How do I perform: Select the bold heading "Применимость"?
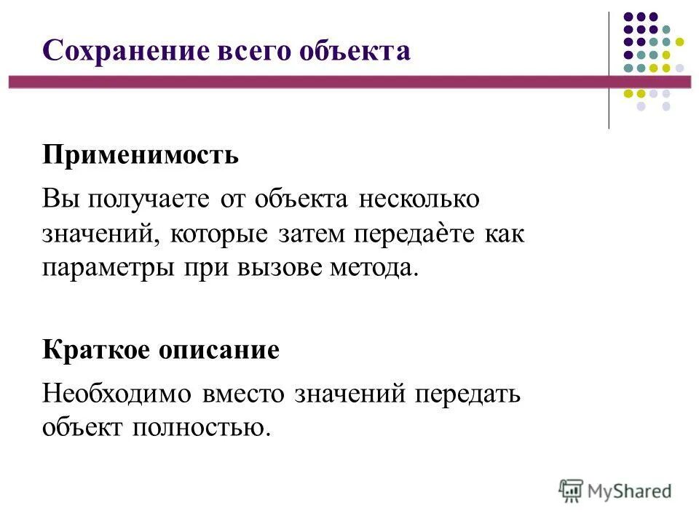point(141,155)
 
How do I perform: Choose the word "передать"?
point(467,394)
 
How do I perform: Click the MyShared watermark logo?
point(615,491)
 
